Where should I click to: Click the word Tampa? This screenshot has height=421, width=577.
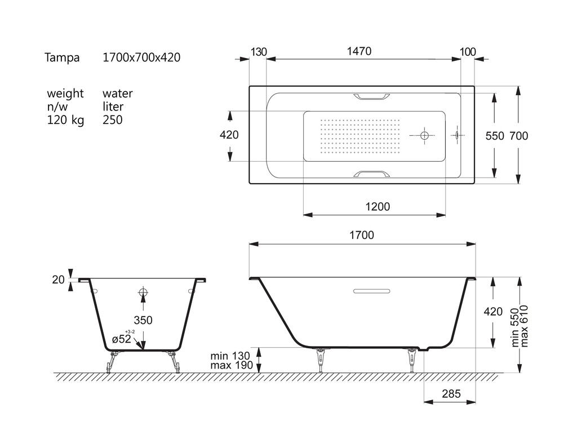click(62, 58)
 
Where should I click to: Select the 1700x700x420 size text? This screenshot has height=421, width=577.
click(141, 57)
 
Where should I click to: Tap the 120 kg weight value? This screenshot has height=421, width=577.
click(65, 120)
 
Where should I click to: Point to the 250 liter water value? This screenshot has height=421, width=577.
click(113, 119)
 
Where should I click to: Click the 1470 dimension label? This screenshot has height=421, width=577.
click(359, 51)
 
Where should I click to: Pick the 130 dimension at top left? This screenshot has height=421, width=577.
click(259, 52)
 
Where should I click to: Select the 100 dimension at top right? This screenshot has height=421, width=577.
click(468, 52)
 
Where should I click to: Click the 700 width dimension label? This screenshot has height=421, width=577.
click(519, 136)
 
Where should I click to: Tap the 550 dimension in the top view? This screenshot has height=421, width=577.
click(495, 136)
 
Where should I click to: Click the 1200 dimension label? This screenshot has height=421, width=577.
click(378, 206)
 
